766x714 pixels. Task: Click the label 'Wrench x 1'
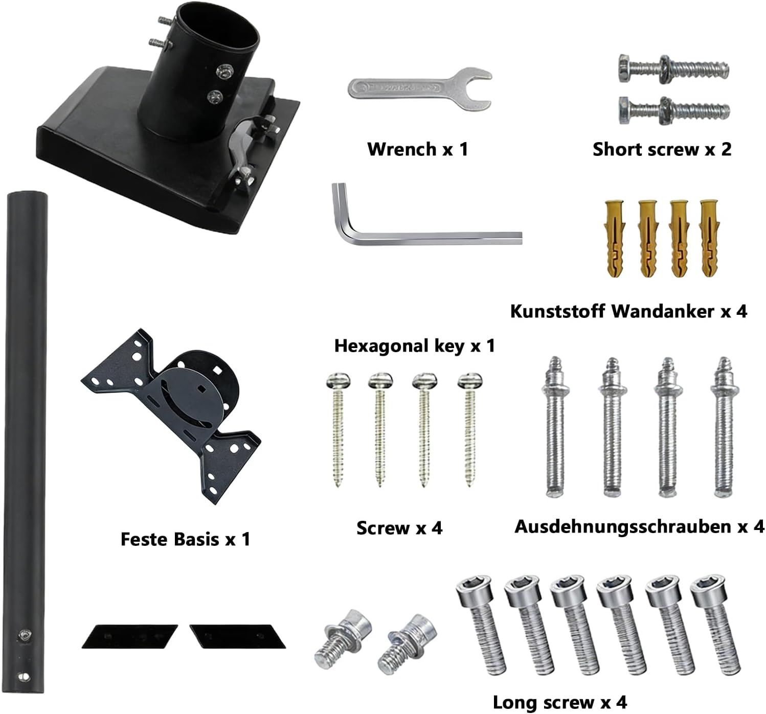click(x=418, y=149)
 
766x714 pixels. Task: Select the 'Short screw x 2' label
click(x=662, y=149)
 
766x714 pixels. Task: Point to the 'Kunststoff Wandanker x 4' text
click(x=628, y=311)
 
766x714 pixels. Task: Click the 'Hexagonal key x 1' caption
click(x=415, y=346)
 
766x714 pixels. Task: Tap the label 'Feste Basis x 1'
click(x=186, y=539)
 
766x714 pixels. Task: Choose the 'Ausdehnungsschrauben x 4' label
click(x=640, y=526)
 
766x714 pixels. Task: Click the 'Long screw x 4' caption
click(x=560, y=702)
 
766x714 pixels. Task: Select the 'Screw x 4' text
click(x=399, y=528)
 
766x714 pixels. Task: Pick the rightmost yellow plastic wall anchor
click(x=709, y=238)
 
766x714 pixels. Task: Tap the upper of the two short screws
click(x=674, y=70)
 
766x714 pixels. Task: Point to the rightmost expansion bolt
click(x=724, y=427)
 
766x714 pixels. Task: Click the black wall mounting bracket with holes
click(x=171, y=416)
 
